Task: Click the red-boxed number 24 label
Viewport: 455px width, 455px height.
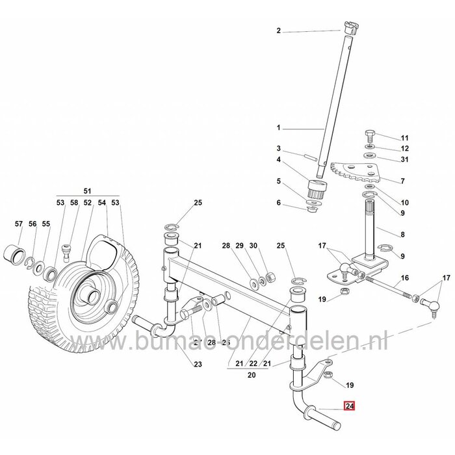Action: point(350,407)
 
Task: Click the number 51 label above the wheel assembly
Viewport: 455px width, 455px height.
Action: point(88,191)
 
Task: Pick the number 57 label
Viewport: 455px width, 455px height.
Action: point(18,224)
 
